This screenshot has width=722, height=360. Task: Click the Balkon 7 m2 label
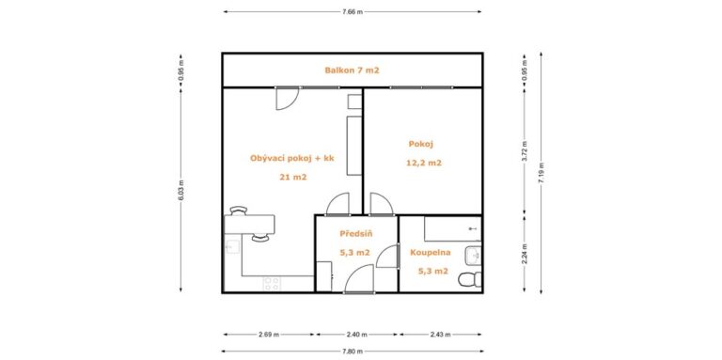(x=352, y=70)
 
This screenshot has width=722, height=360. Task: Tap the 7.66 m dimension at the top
(x=353, y=11)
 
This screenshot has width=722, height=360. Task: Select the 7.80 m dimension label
(x=353, y=352)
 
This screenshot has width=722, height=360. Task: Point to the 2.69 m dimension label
(x=269, y=335)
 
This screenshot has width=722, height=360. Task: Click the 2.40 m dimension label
(x=356, y=335)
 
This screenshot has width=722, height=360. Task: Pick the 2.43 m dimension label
(x=440, y=335)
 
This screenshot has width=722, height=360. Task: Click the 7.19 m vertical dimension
(x=541, y=173)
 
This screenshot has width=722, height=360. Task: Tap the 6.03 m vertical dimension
(x=180, y=190)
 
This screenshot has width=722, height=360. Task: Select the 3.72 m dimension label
(x=524, y=151)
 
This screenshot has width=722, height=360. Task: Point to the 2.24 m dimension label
(x=524, y=253)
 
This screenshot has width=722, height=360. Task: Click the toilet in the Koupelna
(x=470, y=279)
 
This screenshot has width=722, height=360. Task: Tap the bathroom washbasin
(x=474, y=256)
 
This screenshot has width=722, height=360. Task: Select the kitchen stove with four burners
(x=271, y=284)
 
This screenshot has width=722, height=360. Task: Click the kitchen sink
(x=232, y=247)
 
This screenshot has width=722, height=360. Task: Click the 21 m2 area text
(x=293, y=177)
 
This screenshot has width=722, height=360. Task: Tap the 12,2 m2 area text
(x=424, y=163)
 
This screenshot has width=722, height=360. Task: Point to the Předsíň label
(x=356, y=233)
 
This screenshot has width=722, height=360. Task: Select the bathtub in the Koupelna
(x=452, y=228)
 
